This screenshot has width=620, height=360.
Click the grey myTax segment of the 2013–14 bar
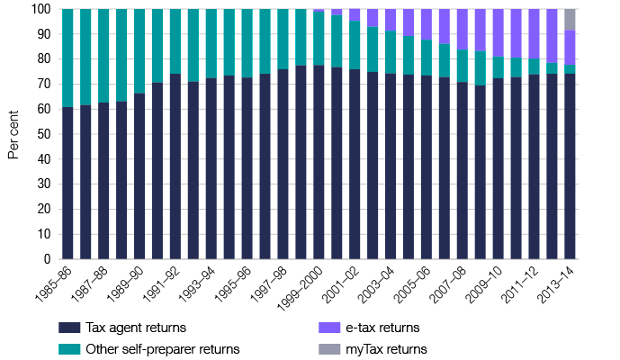(570, 19)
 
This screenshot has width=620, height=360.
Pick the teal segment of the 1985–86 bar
(67, 58)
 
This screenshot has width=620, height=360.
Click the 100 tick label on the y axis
(40, 10)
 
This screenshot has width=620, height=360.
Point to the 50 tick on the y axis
(43, 134)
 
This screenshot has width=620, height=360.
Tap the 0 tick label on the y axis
(47, 259)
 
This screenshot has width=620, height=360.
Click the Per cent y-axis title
(13, 134)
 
